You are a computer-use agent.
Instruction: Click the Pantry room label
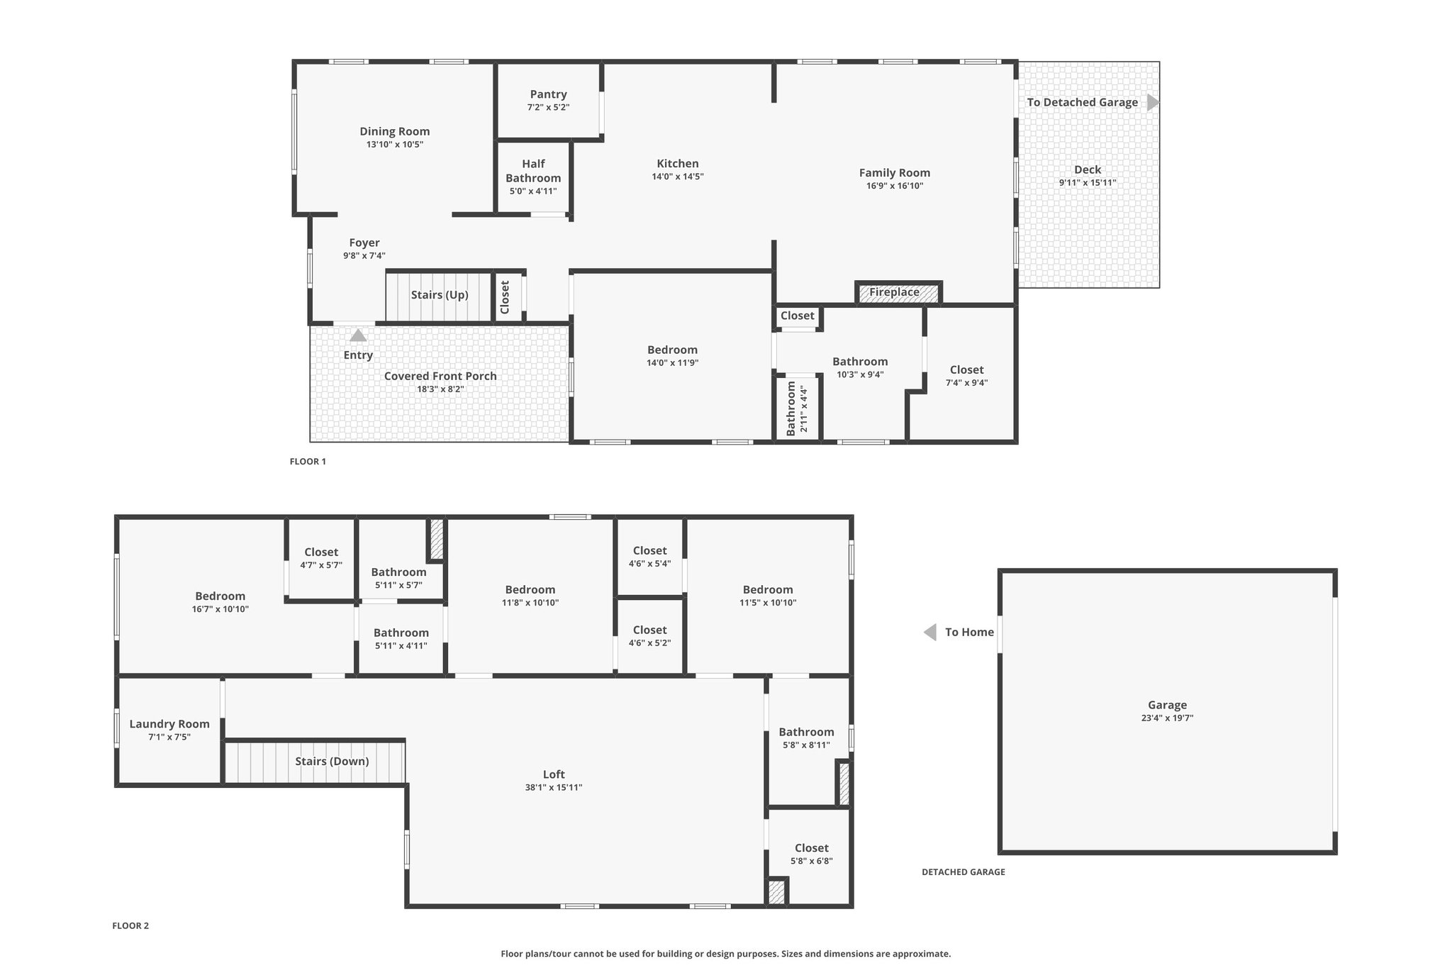[548, 94]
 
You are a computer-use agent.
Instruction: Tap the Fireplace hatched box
[898, 292]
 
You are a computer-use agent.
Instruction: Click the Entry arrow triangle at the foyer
[358, 335]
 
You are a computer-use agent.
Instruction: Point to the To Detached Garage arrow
[1154, 102]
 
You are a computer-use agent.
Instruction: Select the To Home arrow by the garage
[929, 632]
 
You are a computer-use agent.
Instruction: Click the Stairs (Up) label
[440, 295]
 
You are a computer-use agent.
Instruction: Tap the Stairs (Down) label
[332, 762]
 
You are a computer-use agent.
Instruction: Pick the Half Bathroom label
[533, 171]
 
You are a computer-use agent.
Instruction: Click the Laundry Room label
[169, 724]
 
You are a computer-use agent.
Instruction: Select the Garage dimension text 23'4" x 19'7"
[1167, 718]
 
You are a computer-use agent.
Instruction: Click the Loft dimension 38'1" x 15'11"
[554, 787]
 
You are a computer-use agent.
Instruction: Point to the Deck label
[1088, 169]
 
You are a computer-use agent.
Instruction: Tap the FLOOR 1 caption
[308, 462]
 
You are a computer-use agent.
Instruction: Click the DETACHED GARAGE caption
[964, 872]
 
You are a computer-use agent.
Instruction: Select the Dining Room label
[394, 131]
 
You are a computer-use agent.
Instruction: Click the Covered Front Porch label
[440, 376]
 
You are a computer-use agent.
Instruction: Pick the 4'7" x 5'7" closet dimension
[321, 565]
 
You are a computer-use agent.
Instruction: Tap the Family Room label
[895, 173]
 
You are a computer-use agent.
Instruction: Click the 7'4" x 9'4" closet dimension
[966, 383]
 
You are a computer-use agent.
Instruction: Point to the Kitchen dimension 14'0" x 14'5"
[678, 177]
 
